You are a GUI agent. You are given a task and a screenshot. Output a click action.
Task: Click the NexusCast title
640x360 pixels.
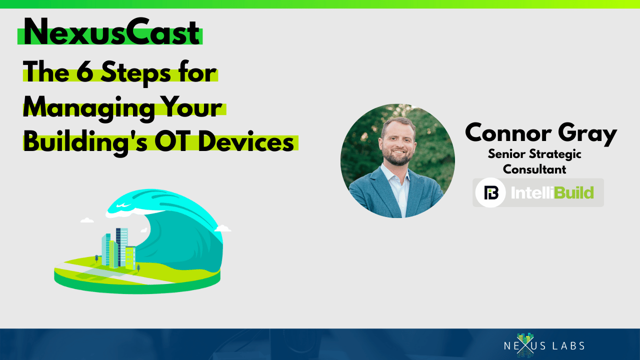point(111,32)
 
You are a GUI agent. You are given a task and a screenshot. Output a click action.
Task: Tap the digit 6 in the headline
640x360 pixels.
point(85,72)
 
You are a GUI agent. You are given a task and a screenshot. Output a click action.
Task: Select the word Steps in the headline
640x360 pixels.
point(135,73)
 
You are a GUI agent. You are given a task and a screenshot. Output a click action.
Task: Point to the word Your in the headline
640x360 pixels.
point(191,106)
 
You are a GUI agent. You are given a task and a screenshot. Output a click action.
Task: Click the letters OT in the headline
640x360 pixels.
point(172,141)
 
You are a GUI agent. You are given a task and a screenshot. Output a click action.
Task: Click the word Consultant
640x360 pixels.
point(534,169)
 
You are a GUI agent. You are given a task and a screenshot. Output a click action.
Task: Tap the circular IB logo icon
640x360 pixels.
point(490,192)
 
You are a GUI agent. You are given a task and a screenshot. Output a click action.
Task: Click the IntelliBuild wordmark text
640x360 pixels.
point(552,192)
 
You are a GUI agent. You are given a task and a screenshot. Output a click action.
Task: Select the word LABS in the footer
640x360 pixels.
point(568,346)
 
